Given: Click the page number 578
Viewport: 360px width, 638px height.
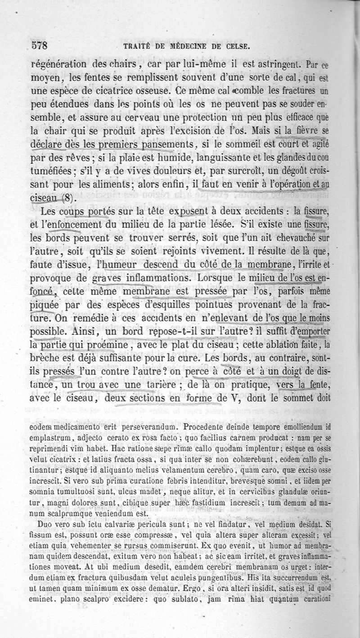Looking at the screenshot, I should coord(40,46).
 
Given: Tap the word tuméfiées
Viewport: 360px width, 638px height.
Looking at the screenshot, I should coord(50,172).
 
